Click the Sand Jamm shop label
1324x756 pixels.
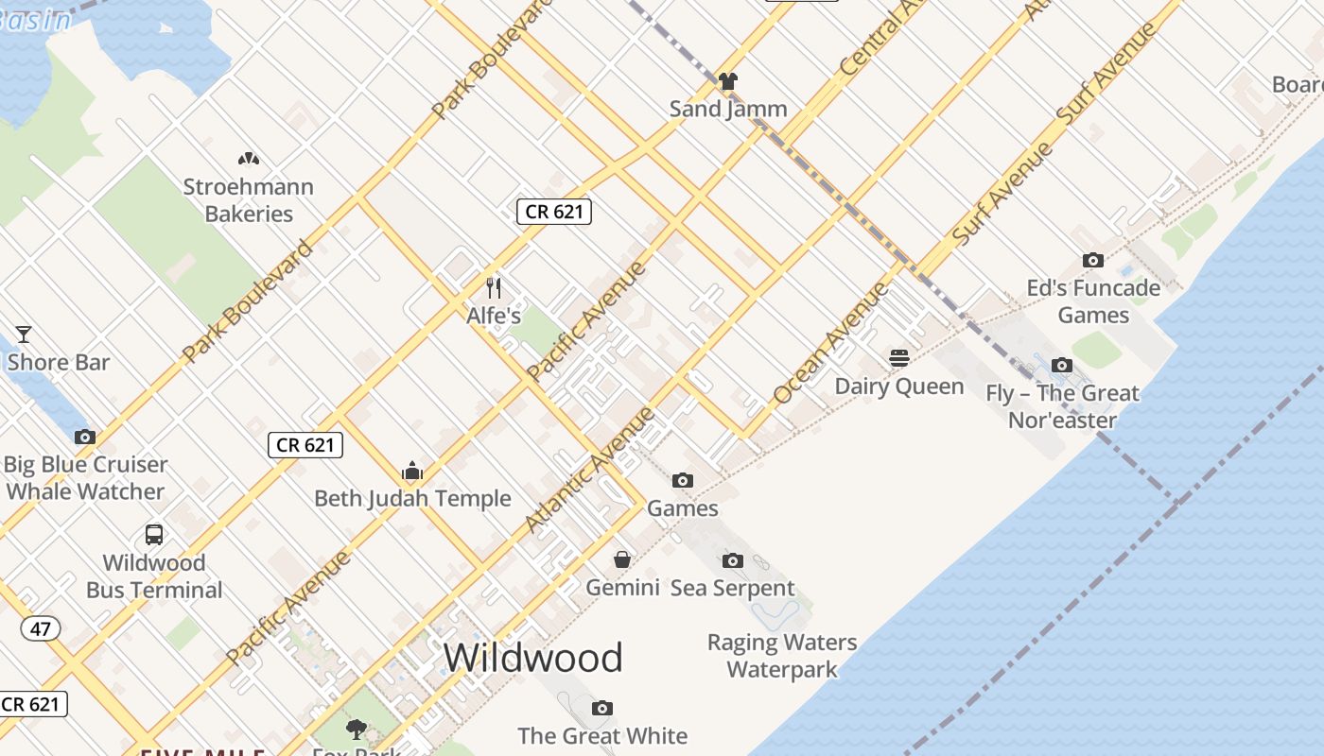[x=728, y=109]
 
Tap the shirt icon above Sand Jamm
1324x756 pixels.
[x=727, y=81]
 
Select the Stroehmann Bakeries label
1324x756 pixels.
[x=249, y=200]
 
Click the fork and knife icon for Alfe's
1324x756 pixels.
[x=493, y=287]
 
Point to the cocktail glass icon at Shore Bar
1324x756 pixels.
[x=24, y=334]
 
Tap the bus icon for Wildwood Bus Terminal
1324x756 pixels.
[x=154, y=534]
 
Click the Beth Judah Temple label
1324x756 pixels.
[x=412, y=498]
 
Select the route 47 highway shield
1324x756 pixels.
[x=39, y=628]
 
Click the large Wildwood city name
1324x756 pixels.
[x=533, y=657]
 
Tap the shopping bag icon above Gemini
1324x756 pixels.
[x=622, y=559]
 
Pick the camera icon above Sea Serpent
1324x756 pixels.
[x=733, y=560]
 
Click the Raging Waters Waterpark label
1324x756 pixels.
[x=782, y=656]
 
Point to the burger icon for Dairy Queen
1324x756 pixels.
[x=899, y=358]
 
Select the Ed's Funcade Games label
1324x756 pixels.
[x=1093, y=301]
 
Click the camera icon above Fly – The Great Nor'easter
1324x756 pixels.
[x=1062, y=365]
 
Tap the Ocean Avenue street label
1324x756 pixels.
[x=830, y=343]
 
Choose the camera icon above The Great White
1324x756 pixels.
[x=602, y=708]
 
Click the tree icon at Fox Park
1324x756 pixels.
[x=357, y=729]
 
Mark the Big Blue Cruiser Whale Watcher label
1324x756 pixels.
[x=85, y=477]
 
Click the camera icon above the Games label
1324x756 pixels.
[x=683, y=481]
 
